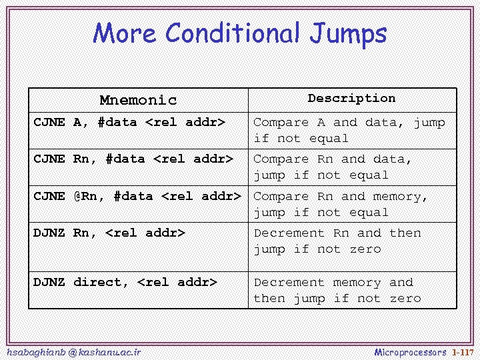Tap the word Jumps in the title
[349, 33]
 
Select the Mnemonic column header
[138, 100]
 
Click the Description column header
[351, 98]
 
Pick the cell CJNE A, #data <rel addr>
[129, 122]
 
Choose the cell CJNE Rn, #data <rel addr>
[133, 159]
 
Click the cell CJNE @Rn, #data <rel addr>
[137, 196]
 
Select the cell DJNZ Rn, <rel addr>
[109, 233]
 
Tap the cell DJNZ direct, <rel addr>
[125, 282]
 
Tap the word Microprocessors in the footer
[410, 351]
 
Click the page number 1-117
[462, 351]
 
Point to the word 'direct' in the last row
[101, 282]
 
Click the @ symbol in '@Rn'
[77, 196]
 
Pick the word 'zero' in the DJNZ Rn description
[365, 249]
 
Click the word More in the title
[126, 33]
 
